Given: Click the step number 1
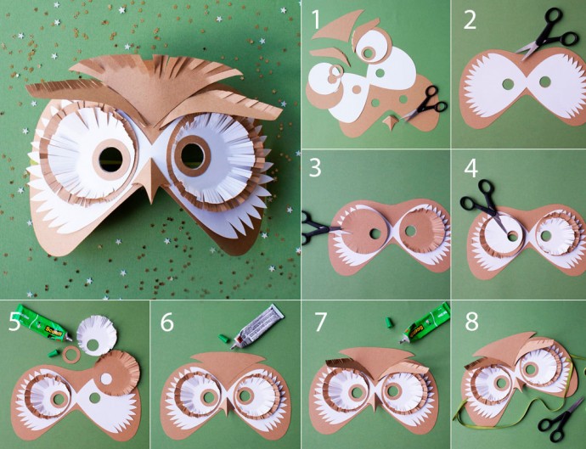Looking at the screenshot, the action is pos(316,20).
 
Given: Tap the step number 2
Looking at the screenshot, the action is pos(470,20).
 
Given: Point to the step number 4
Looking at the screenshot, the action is pos(470,168).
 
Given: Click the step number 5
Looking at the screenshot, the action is pos(14,322).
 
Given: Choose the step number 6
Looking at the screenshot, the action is pos(167,322).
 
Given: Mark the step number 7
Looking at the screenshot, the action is pos(320,322).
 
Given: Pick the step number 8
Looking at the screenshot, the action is pos(471,322).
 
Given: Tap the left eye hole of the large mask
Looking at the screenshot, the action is pos(110,160).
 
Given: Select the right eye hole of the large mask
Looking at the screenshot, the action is pos(192,155).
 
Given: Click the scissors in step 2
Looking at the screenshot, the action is pos(546,34).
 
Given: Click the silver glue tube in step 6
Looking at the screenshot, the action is pos(258,326).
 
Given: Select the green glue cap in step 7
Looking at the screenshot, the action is pos(390,322).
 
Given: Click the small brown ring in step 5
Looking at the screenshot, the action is pos(70,354).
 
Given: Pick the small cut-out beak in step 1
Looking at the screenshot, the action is pos(391,123).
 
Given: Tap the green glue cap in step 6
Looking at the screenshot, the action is pos(223,339).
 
